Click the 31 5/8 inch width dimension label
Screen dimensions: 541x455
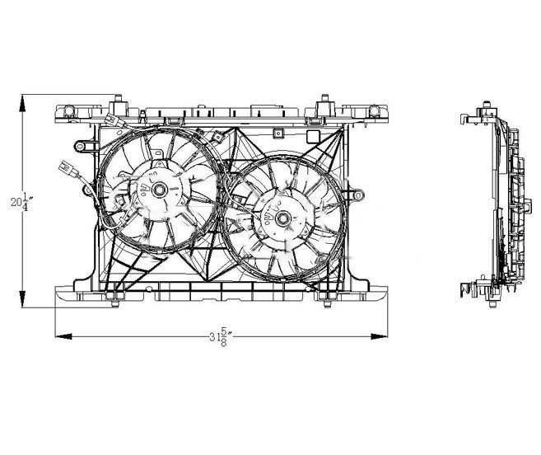[x=220, y=336]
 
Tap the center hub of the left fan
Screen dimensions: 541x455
[x=160, y=190]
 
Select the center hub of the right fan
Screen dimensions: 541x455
[x=283, y=218]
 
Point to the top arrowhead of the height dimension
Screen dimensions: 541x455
[x=22, y=103]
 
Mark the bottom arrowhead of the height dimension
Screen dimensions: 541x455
[x=22, y=299]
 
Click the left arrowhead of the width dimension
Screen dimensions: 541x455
[x=64, y=336]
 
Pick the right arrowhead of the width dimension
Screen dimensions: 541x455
[x=379, y=336]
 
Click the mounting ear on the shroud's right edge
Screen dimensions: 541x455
[x=357, y=196]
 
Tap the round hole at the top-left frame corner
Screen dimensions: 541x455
[x=69, y=110]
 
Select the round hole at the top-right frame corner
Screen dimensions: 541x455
[x=374, y=110]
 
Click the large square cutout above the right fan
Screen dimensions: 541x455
[x=313, y=136]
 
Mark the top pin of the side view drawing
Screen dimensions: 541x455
[x=487, y=105]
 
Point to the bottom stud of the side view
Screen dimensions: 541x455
[x=493, y=303]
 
